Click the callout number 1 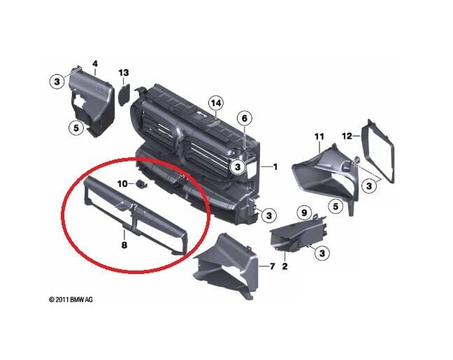(275, 167)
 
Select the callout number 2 (285, 266)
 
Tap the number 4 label (95, 64)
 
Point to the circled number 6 (244, 119)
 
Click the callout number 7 (273, 266)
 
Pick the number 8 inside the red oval (124, 245)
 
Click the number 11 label (319, 136)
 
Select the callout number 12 (366, 136)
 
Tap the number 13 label (124, 73)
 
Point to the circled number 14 (217, 103)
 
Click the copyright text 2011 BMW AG (71, 299)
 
